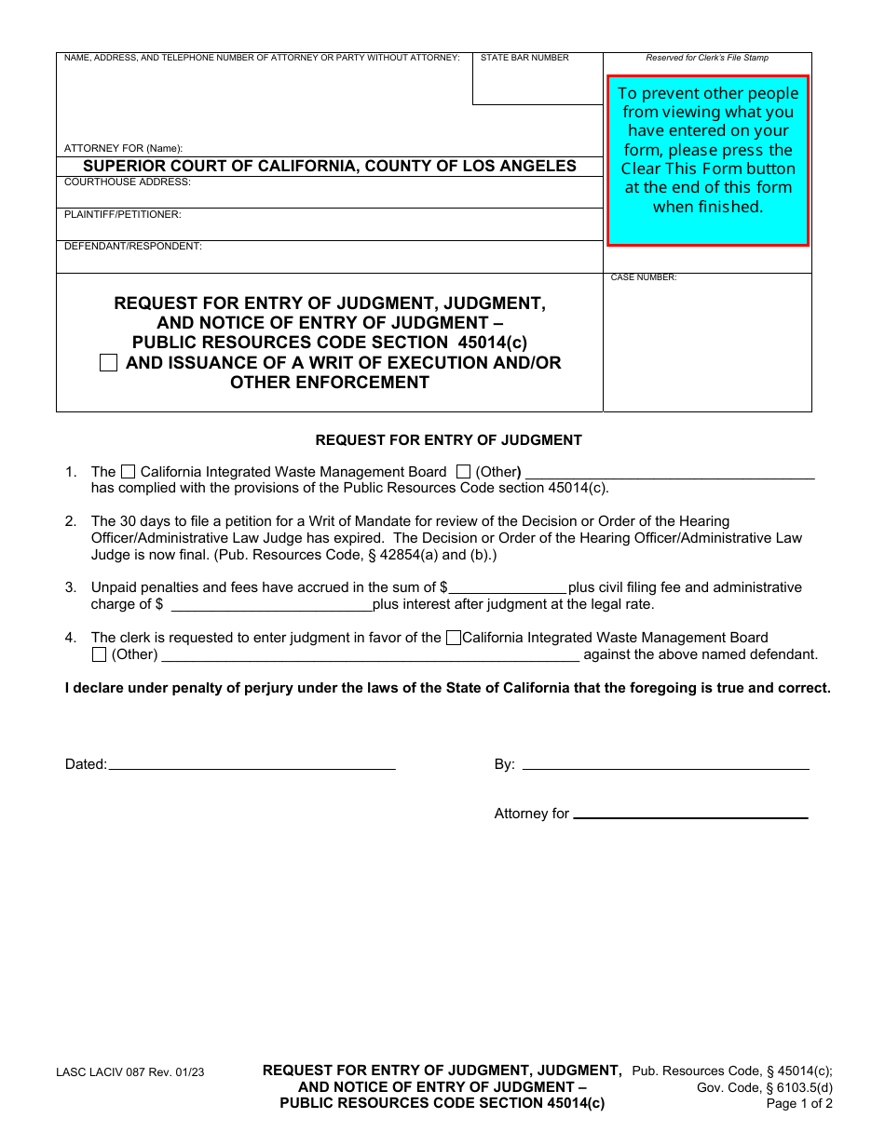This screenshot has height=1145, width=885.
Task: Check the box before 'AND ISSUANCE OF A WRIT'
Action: point(109,363)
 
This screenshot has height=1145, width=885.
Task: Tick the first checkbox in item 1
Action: point(129,472)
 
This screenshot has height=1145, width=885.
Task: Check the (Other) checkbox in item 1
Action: point(463,472)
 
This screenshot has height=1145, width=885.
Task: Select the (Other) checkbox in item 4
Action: point(100,654)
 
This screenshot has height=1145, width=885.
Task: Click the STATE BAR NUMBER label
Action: point(524,58)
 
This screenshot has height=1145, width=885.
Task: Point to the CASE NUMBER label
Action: point(644,277)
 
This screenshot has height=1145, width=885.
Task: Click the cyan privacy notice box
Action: point(708,160)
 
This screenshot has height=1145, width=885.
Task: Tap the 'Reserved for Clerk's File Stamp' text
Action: point(707,58)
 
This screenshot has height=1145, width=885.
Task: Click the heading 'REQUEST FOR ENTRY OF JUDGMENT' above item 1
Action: point(448,440)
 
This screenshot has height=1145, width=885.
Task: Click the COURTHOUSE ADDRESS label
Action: point(128,182)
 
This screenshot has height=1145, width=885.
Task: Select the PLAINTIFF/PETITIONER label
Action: point(123,215)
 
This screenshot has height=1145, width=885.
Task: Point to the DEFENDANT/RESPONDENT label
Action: point(133,247)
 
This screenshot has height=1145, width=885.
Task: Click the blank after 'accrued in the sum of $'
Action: point(508,587)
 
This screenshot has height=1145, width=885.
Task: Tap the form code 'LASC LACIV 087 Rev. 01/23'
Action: point(130,1072)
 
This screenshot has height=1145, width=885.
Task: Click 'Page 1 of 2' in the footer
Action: point(799,1104)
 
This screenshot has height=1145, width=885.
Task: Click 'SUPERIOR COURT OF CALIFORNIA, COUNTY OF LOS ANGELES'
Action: point(330,167)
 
